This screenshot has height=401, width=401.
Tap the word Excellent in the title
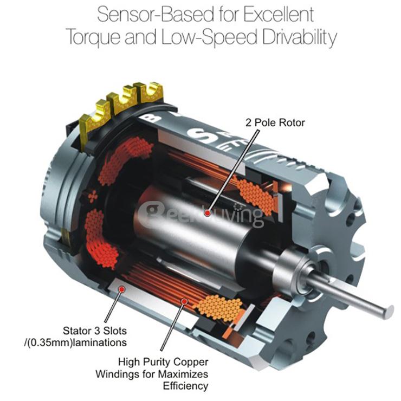point(279,15)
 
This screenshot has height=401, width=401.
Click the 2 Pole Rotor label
point(275,123)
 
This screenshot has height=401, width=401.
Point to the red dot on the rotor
point(208,213)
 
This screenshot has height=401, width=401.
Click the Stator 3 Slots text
point(95,331)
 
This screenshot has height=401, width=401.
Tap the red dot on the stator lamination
point(122,289)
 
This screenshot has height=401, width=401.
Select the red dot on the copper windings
point(184,301)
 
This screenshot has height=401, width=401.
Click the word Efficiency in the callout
point(186,386)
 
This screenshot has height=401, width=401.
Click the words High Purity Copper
point(163,362)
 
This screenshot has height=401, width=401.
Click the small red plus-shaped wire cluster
point(93,196)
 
